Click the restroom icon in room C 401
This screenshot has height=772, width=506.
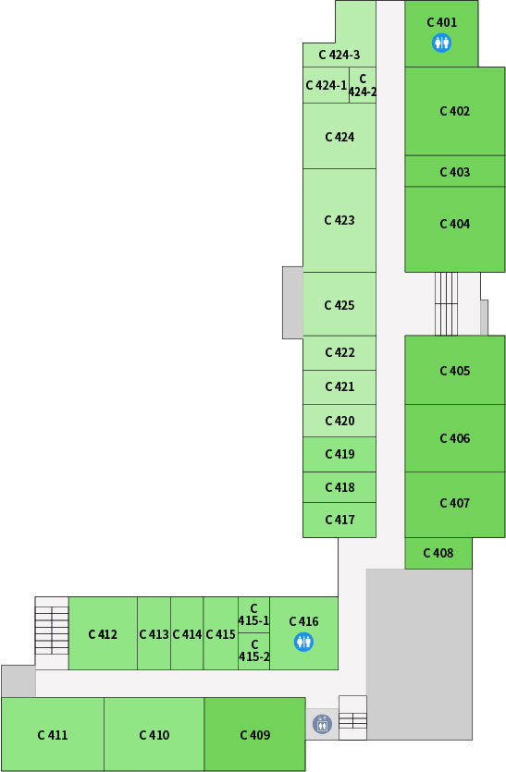pos(441,43)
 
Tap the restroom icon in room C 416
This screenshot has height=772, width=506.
pos(303,642)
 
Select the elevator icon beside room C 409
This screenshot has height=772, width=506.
pos(322,724)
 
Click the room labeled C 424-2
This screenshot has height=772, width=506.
pos(363,85)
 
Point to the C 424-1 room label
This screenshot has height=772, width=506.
pos(327,85)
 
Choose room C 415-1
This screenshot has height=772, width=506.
pos(253,615)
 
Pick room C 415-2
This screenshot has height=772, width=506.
pos(253,651)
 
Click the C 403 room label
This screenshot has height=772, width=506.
pos(455,172)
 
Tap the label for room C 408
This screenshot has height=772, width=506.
pos(438,553)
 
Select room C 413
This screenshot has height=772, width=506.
pos(154,633)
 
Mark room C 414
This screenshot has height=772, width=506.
pos(187,633)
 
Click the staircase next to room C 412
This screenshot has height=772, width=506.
pos(52,631)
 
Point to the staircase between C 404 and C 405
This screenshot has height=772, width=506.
pos(446,304)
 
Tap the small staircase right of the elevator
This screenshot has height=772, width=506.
pos(352,721)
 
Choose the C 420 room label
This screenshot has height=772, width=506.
pos(339,421)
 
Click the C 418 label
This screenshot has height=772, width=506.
pos(339,487)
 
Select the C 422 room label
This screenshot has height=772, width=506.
pos(339,352)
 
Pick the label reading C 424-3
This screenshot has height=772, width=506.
pos(339,55)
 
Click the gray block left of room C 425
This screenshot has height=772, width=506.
pos(292,303)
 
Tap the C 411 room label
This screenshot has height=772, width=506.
pos(52,735)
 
